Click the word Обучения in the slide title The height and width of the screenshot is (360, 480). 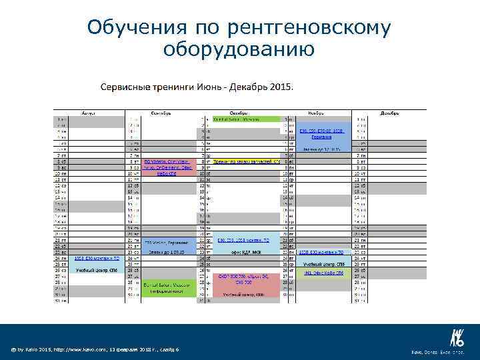pyautogui.click(x=136, y=27)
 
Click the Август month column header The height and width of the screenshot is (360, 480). pyautogui.click(x=88, y=113)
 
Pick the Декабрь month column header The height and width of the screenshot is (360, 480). pyautogui.click(x=390, y=113)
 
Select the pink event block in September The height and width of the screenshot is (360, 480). pyautogui.click(x=167, y=167)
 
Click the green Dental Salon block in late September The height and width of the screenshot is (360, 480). pyautogui.click(x=167, y=288)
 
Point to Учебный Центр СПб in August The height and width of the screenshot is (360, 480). pyautogui.click(x=88, y=271)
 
